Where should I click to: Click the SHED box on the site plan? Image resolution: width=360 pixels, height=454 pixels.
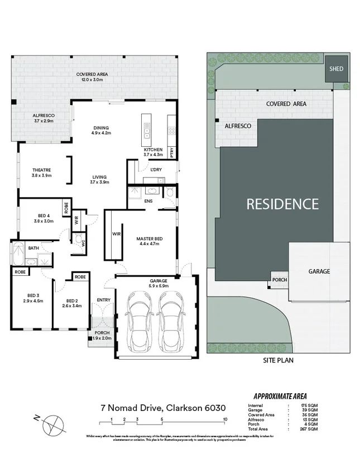335,69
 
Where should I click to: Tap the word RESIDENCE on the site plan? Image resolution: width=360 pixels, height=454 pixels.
282,204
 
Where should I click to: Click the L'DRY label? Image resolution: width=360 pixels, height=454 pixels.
156,170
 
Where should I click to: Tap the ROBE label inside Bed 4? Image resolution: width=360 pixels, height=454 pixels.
66,208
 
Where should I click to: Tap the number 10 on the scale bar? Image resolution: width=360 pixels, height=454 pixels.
224,419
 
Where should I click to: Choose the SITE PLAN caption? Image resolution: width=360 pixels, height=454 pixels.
278,361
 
